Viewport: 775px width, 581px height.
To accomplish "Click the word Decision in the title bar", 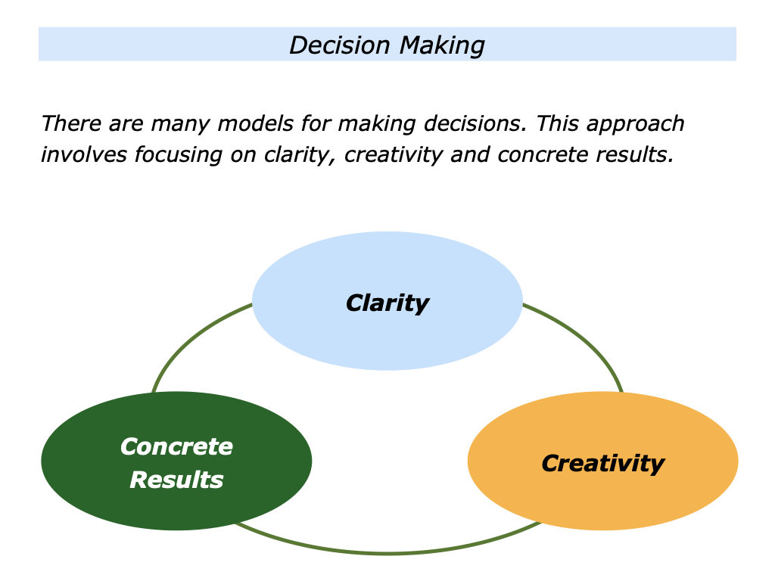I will pyautogui.click(x=335, y=45).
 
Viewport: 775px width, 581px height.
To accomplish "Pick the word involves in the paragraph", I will pyautogui.click(x=84, y=155).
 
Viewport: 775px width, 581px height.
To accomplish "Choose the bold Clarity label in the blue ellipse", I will pyautogui.click(x=387, y=303).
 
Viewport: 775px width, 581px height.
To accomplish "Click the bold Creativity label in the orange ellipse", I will pyautogui.click(x=603, y=463).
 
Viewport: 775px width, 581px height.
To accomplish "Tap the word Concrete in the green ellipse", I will pyautogui.click(x=176, y=446).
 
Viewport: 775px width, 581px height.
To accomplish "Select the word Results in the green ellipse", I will pyautogui.click(x=176, y=479).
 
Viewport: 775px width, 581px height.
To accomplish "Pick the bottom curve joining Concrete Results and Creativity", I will pyautogui.click(x=387, y=553).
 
